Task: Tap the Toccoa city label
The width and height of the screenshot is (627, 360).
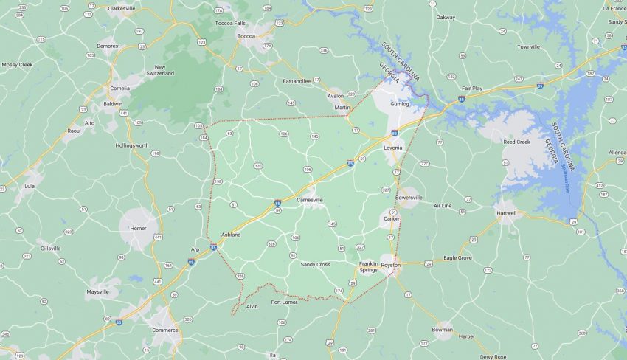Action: coord(246,35)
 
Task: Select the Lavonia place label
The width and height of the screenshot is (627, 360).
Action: coord(393,148)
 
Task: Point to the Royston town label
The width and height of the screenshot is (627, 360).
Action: coord(391,264)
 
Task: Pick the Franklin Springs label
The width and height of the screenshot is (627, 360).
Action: coord(368,266)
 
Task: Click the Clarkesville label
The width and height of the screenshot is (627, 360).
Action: coord(122,8)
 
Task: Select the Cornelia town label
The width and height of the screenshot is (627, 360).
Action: coord(119,88)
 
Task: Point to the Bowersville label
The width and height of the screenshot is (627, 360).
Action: coord(409,198)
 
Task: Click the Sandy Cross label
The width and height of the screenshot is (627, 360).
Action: coord(316,264)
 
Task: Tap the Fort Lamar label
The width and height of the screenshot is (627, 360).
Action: coord(284,302)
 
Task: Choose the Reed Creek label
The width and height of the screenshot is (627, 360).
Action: coord(516,142)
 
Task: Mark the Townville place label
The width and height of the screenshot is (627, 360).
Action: coord(528,46)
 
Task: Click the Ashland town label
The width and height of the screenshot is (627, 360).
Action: coord(231,235)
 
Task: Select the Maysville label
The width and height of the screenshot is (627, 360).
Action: coord(97,291)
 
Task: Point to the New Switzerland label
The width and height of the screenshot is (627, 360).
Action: coord(159,70)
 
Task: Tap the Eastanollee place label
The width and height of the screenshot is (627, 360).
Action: coord(297,80)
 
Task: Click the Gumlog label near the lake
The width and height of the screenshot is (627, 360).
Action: coord(399,104)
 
